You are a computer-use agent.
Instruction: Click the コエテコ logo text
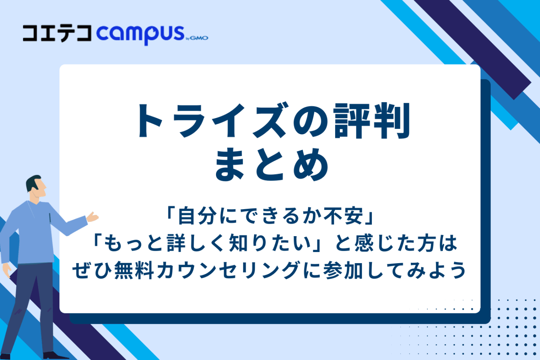point(57,33)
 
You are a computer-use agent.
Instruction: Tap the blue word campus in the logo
point(140,34)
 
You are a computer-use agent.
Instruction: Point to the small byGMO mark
point(197,38)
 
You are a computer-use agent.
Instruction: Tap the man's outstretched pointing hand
point(93,217)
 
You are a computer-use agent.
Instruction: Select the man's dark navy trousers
point(31,301)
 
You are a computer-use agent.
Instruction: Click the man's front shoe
point(54,355)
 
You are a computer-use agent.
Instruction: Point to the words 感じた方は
point(405,243)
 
